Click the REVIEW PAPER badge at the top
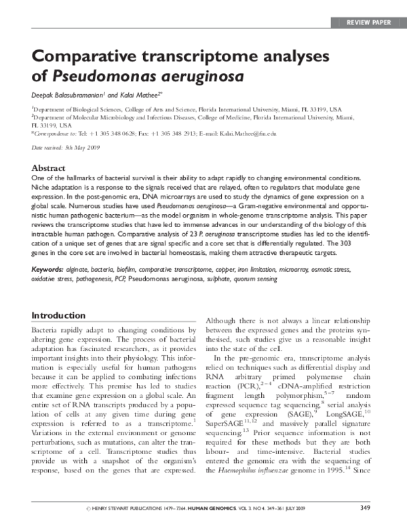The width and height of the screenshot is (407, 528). (368, 22)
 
